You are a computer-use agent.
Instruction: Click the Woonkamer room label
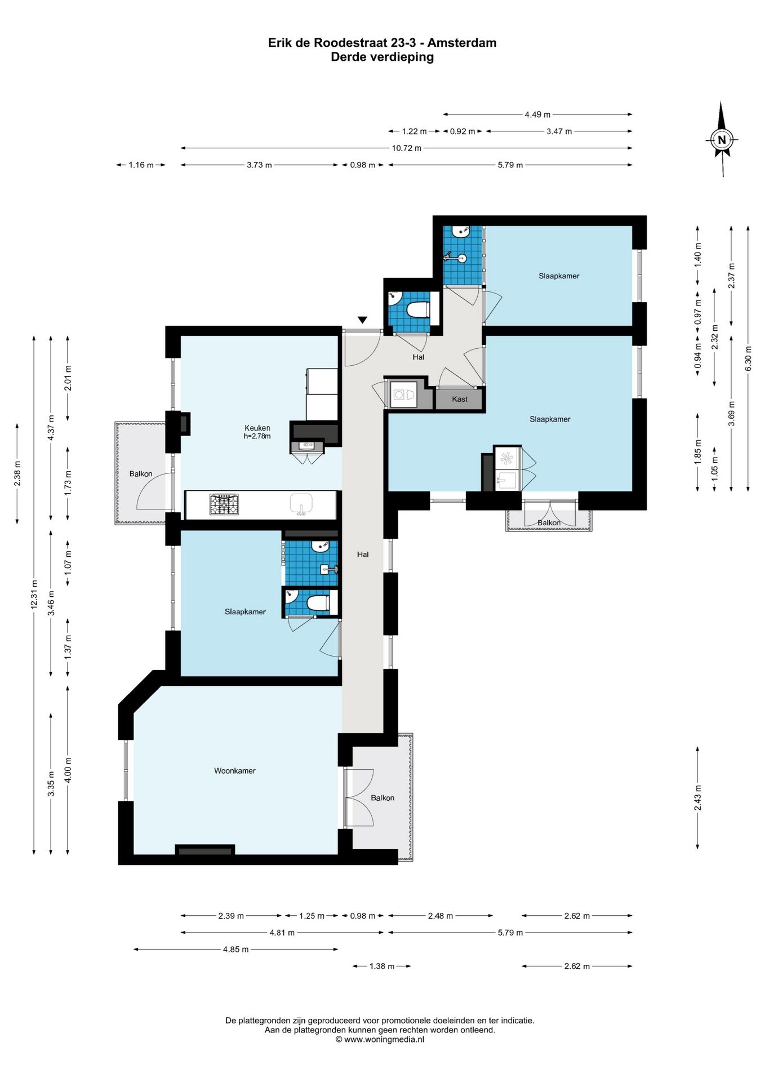click(234, 771)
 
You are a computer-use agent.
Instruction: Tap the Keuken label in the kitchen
click(257, 428)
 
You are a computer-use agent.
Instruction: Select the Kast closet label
click(460, 399)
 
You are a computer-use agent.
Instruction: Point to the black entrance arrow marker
click(363, 320)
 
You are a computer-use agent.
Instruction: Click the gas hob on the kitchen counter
click(224, 504)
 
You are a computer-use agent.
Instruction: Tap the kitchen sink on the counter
click(301, 504)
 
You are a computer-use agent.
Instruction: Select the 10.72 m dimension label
click(407, 148)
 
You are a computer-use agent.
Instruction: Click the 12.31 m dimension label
click(34, 594)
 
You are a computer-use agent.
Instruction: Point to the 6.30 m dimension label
click(748, 358)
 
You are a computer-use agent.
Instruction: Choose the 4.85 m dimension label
click(235, 950)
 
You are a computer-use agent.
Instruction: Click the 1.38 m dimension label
click(382, 966)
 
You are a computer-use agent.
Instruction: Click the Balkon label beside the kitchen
click(141, 474)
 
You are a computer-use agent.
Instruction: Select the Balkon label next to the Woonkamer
click(382, 798)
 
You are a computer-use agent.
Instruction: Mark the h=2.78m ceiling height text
click(257, 436)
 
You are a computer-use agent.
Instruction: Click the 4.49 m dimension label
click(537, 114)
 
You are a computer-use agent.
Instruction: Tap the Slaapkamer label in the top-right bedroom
click(559, 276)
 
